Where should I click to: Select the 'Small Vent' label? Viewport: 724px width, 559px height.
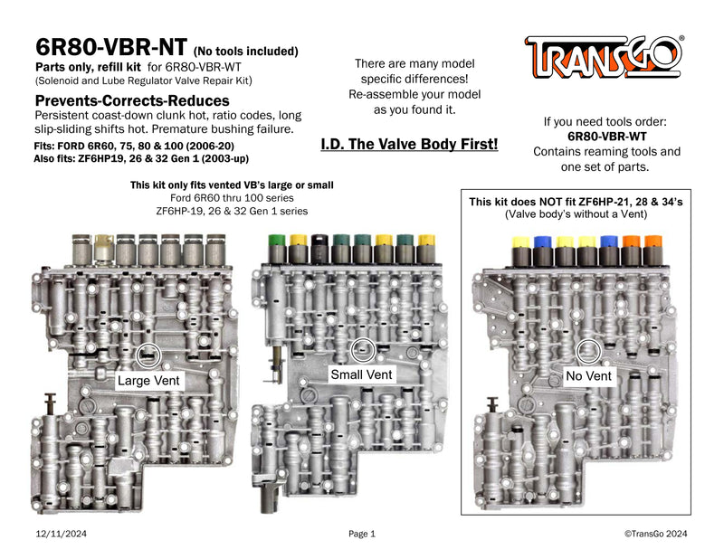tap(360, 374)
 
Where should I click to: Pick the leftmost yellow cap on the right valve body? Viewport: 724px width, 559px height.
tap(520, 242)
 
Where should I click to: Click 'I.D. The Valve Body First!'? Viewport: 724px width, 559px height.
tap(409, 144)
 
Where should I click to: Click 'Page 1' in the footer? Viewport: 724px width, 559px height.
tap(361, 535)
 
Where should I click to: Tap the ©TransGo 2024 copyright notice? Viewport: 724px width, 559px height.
tap(655, 535)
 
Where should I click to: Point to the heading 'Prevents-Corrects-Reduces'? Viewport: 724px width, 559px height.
tap(131, 100)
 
